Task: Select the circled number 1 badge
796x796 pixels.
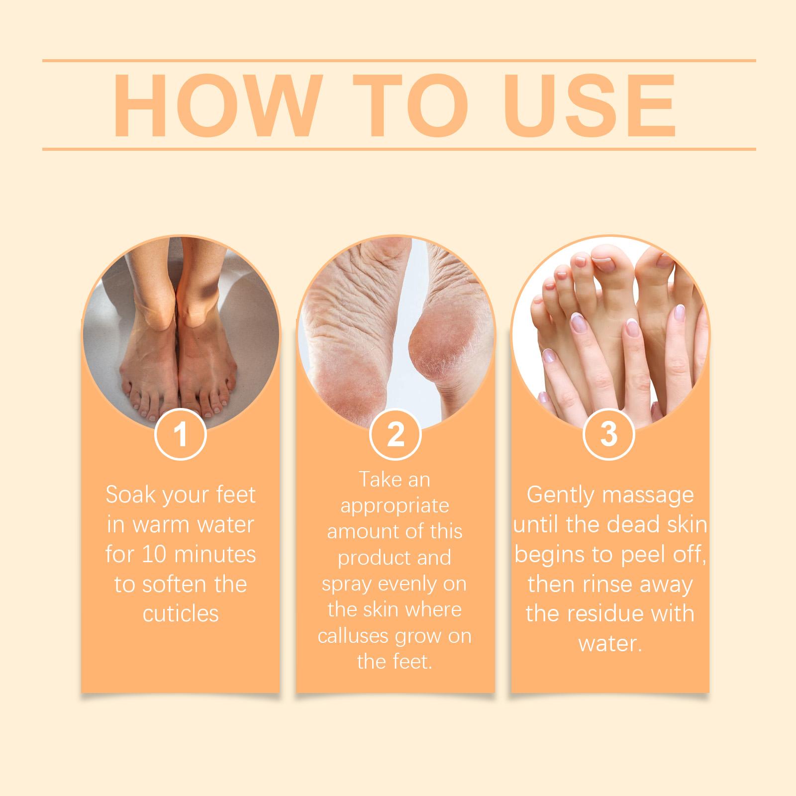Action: click(181, 434)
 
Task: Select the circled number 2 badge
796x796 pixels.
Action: click(396, 434)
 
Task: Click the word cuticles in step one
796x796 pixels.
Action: click(181, 614)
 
